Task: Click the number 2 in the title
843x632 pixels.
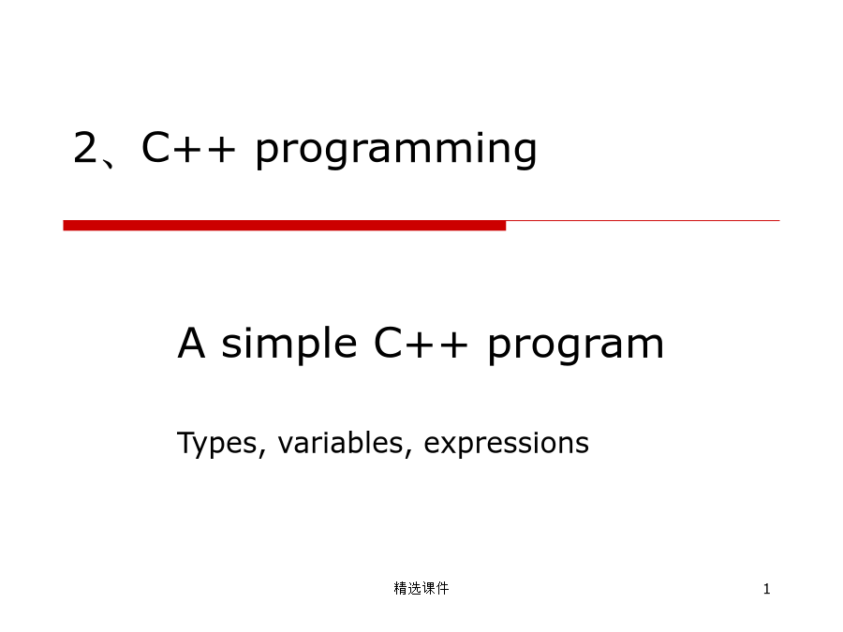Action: [x=85, y=147]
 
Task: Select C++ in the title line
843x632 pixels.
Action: [x=188, y=147]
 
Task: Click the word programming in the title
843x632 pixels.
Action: [x=396, y=150]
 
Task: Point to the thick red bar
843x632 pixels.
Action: [x=285, y=226]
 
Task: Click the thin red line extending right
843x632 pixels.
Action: [x=643, y=220]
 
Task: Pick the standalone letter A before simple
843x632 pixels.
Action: [x=191, y=343]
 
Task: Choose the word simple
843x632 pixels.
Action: [x=289, y=345]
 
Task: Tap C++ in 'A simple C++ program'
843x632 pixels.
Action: [x=421, y=343]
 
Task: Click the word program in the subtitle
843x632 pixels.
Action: [x=576, y=347]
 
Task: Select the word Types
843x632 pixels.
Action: [x=217, y=445]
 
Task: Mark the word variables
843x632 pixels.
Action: [x=340, y=443]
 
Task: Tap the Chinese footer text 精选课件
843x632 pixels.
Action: [x=421, y=589]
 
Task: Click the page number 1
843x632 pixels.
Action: [x=766, y=589]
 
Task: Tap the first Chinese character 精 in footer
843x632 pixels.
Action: [x=401, y=589]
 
